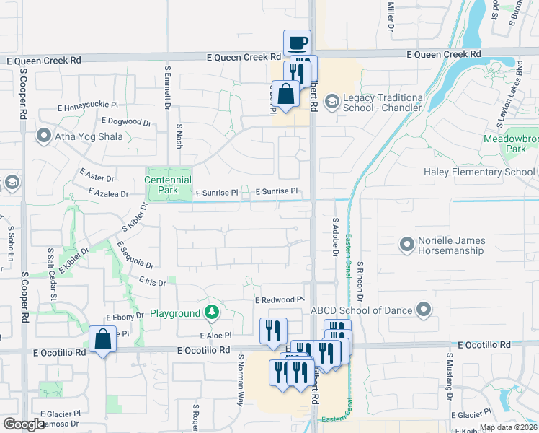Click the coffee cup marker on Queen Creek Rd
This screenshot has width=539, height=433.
(297, 43)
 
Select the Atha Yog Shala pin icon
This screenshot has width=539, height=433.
(43, 135)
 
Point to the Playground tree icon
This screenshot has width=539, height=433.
(212, 312)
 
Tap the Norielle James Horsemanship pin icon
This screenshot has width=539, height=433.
(407, 245)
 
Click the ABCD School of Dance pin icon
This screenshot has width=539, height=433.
(424, 310)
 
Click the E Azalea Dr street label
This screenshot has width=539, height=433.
(107, 193)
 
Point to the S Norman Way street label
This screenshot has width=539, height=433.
(240, 377)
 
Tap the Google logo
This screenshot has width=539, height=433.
(24, 424)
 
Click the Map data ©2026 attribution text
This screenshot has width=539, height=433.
(507, 427)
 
